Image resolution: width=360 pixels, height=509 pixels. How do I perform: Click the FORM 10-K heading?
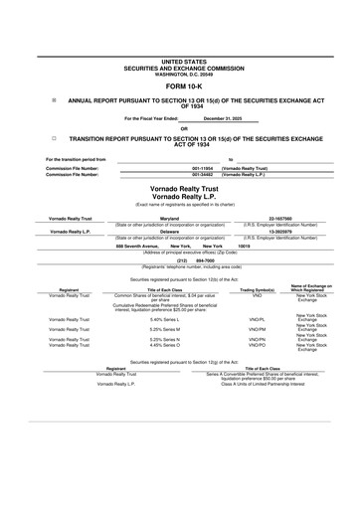pyautogui.click(x=179, y=85)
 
